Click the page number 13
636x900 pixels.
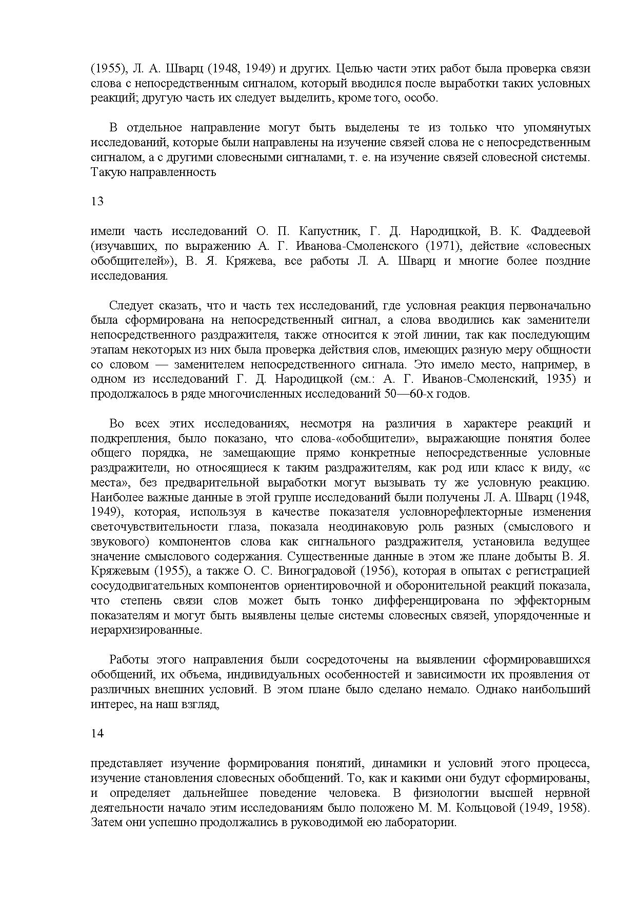(97, 202)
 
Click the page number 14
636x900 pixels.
(97, 734)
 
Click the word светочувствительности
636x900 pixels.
(148, 527)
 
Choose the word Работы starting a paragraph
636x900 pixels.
(128, 660)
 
